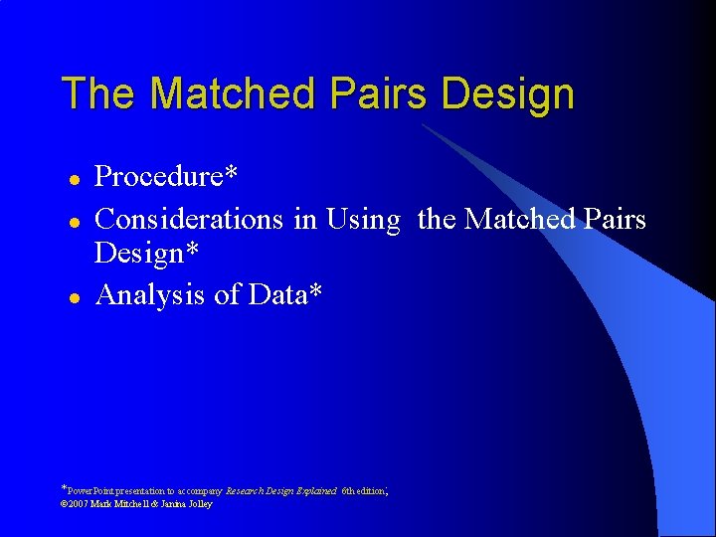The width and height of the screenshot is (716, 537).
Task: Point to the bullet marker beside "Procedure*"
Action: click(72, 179)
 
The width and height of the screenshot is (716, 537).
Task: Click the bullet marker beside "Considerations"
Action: click(72, 219)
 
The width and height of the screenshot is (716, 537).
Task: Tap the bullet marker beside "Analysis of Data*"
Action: click(72, 297)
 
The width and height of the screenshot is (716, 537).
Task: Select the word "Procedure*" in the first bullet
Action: click(165, 177)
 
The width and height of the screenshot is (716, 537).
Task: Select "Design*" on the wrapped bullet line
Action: click(146, 255)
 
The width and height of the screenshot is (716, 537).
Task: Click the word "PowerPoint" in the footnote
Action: click(92, 491)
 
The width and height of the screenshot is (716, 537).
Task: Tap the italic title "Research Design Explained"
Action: click(282, 491)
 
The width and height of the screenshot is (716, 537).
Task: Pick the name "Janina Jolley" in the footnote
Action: click(185, 504)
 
